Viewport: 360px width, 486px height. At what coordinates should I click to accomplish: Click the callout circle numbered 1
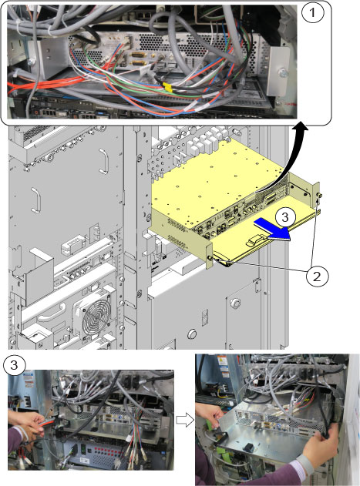click(x=312, y=12)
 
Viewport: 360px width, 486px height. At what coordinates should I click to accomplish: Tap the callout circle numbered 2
click(x=317, y=276)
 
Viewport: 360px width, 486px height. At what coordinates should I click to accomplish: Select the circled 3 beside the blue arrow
click(x=285, y=217)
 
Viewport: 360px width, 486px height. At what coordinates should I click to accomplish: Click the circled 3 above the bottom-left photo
click(x=15, y=365)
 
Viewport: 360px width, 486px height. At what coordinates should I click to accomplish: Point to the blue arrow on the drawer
click(x=272, y=230)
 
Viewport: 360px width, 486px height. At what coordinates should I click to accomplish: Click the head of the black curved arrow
click(x=299, y=128)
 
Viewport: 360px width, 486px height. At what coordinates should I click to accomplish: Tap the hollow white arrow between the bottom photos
click(x=185, y=421)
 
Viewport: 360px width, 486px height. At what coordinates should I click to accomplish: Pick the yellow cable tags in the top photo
click(x=168, y=87)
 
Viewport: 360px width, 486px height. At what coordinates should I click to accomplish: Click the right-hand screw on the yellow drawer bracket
click(x=319, y=196)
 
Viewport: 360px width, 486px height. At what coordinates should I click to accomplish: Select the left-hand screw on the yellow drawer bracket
click(x=210, y=257)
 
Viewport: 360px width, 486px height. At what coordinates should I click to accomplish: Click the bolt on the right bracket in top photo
click(x=283, y=72)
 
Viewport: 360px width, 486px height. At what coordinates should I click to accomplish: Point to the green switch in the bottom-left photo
click(x=84, y=447)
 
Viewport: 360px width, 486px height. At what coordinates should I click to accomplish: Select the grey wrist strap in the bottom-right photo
click(x=306, y=464)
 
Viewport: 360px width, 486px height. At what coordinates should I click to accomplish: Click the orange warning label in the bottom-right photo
click(x=222, y=361)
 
